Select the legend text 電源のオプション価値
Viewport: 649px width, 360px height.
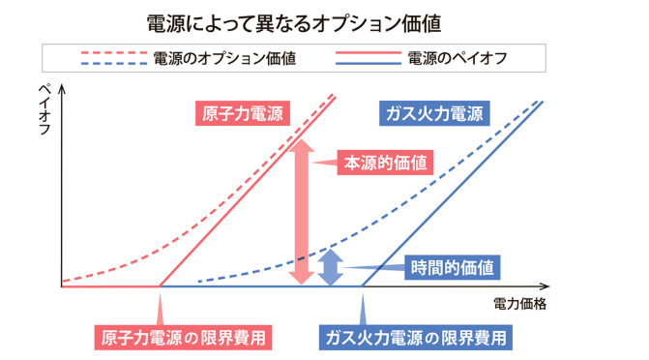pyautogui.click(x=224, y=57)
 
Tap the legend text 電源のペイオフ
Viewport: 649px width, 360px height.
pyautogui.click(x=457, y=57)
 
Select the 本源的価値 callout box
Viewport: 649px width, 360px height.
pyautogui.click(x=382, y=162)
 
